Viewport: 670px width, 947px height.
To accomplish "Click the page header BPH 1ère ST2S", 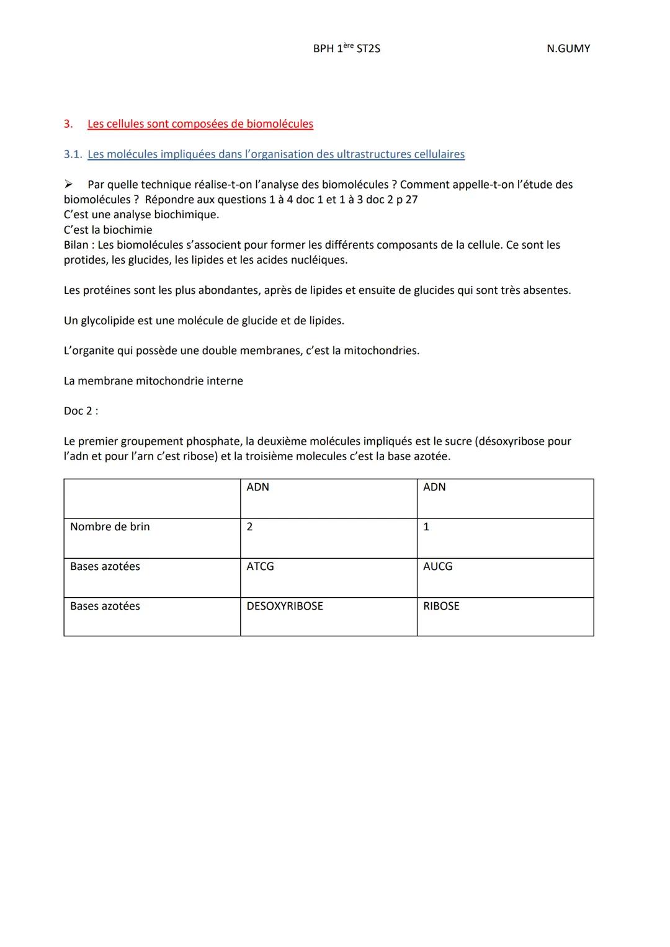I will pos(346,48).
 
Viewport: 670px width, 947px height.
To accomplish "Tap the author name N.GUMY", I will pos(568,48).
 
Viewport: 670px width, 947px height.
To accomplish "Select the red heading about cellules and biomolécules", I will pos(200,124).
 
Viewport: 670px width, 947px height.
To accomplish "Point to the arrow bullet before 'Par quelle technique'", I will pos(69,185).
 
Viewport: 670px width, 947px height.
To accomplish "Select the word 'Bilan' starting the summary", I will pos(76,245).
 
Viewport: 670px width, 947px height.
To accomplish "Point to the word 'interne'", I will pos(225,381).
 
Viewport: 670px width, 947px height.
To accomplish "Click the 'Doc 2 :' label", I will pos(81,411).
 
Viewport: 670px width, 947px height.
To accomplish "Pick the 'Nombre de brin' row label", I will pos(110,527).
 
